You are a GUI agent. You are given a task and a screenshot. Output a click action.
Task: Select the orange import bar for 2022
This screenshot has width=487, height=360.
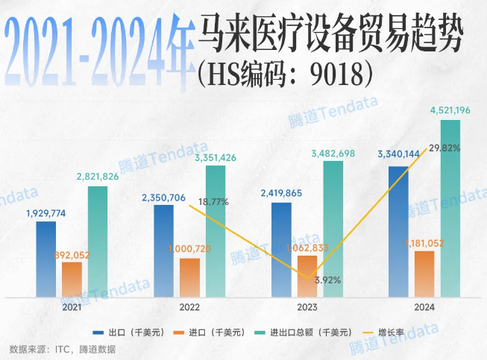click(x=190, y=278)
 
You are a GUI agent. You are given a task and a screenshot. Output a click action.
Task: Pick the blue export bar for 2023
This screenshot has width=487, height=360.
click(x=281, y=250)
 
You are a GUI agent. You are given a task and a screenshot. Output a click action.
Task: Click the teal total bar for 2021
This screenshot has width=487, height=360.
click(x=98, y=241)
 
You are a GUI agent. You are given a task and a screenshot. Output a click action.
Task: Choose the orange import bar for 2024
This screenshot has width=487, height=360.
click(x=424, y=274)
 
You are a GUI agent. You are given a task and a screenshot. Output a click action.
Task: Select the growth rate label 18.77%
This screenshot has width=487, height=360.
click(x=213, y=202)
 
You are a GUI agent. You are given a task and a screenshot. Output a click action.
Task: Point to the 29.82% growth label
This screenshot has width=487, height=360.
click(x=445, y=148)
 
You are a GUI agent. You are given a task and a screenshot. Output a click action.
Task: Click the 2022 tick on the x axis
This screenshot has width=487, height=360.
click(x=189, y=307)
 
